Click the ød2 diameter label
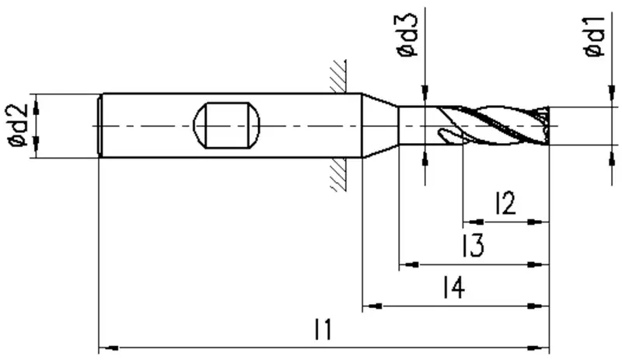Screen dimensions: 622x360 pyautogui.click(x=19, y=125)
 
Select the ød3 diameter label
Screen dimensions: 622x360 pyautogui.click(x=407, y=34)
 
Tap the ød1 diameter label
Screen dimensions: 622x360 pyautogui.click(x=595, y=37)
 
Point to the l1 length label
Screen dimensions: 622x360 pyautogui.click(x=323, y=329)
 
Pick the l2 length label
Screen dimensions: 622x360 pyautogui.click(x=505, y=203)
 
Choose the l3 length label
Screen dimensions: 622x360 pyautogui.click(x=473, y=245)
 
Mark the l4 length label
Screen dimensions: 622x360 pyautogui.click(x=453, y=288)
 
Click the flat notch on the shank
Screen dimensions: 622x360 pyautogui.click(x=226, y=125)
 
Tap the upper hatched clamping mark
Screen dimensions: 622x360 pyautogui.click(x=338, y=76)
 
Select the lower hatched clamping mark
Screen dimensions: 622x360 pyautogui.click(x=338, y=175)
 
